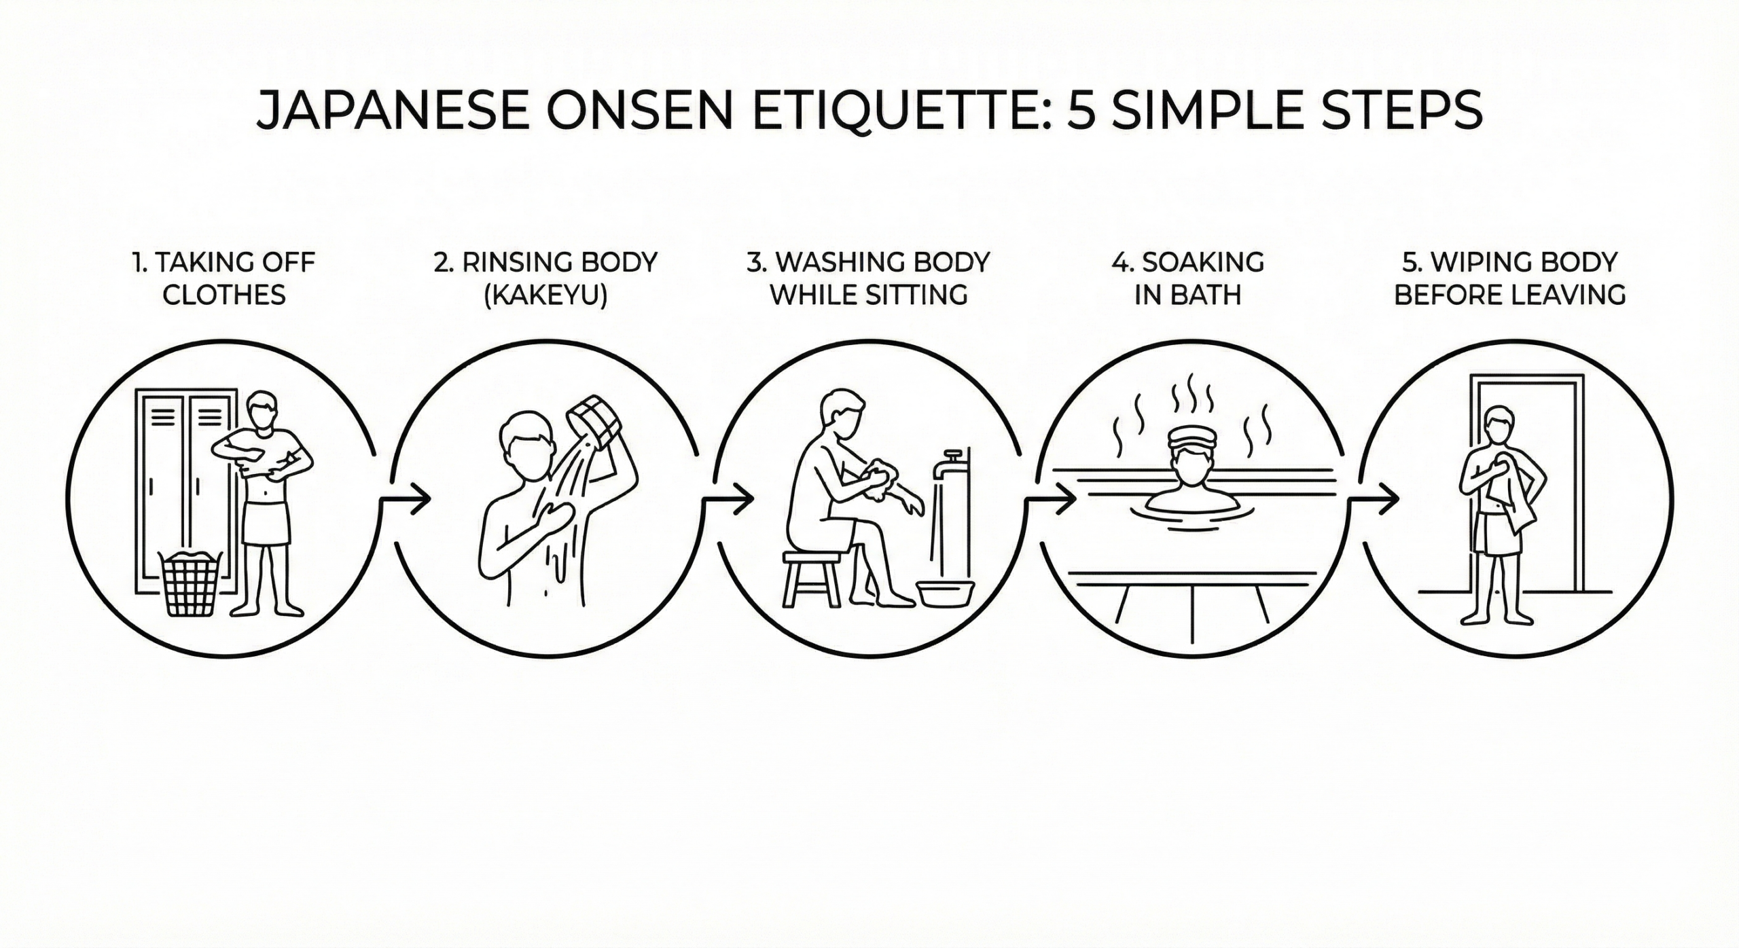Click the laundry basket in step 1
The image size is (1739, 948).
coord(190,583)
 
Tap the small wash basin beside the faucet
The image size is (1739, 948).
coord(945,593)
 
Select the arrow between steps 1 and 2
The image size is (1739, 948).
coord(405,499)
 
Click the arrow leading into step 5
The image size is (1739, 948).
coord(1374,499)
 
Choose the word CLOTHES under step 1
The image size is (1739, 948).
coord(225,295)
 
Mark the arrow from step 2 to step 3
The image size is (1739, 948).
coord(728,499)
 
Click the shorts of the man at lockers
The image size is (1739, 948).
coord(266,522)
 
